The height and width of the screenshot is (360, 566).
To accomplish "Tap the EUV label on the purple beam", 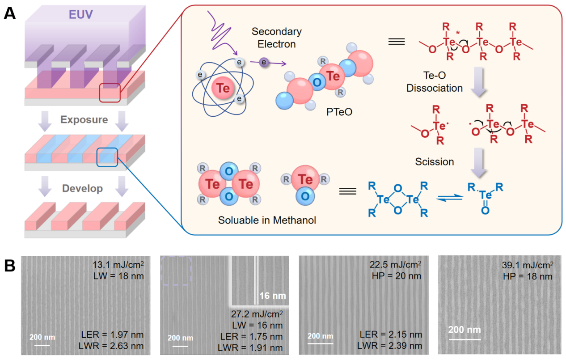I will [81, 14].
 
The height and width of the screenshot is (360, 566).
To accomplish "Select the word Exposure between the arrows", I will [84, 120].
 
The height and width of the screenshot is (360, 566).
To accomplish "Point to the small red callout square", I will [110, 93].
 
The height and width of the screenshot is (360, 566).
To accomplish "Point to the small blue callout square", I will [107, 158].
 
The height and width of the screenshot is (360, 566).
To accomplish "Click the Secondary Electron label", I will [276, 38].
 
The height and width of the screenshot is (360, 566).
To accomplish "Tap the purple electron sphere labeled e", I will [264, 63].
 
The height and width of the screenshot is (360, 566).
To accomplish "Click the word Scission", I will [435, 161].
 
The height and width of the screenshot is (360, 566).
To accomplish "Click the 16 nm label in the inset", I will [273, 296].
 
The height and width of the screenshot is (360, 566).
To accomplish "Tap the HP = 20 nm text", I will [397, 275].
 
